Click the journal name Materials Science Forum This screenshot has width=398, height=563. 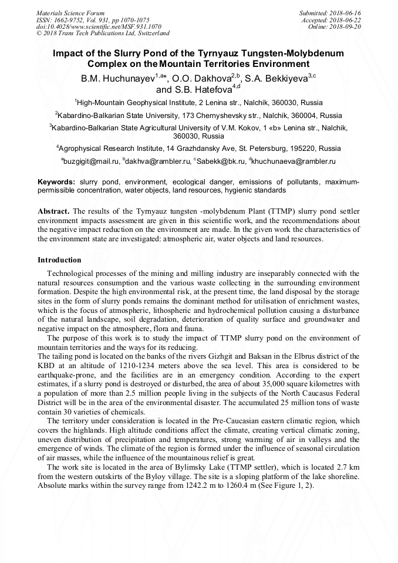point(70,12)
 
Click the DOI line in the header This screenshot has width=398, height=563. point(99,26)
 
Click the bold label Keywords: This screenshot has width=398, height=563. point(56,183)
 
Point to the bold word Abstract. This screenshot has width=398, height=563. point(53,211)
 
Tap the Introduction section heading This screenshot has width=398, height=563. point(59,259)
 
